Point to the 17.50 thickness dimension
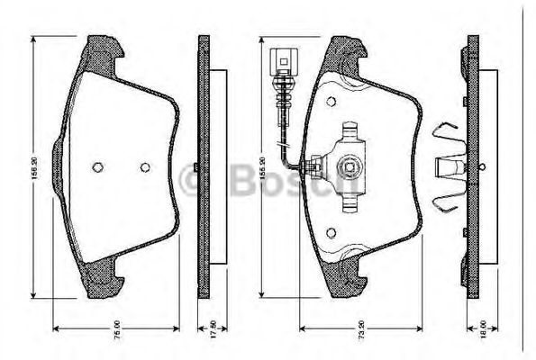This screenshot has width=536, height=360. pos(213,328)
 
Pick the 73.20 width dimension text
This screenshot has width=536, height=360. pos(359,328)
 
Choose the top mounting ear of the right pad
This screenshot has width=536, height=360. pos(347,51)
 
